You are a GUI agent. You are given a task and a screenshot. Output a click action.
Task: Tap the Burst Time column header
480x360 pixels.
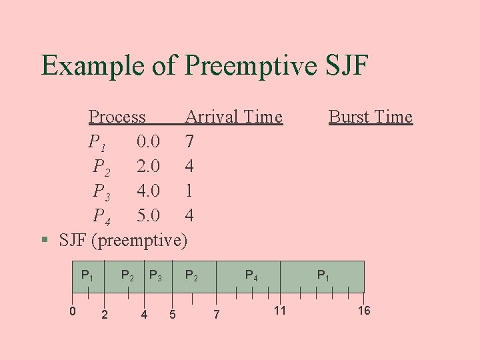pyautogui.click(x=370, y=117)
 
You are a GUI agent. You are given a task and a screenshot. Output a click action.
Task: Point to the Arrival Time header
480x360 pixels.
pyautogui.click(x=233, y=117)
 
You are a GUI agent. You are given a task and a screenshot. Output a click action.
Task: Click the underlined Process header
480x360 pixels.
pyautogui.click(x=117, y=117)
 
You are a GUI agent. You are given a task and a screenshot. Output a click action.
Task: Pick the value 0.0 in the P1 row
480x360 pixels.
pyautogui.click(x=148, y=141)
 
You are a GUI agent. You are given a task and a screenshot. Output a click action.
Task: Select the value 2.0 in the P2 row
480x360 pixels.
pyautogui.click(x=148, y=166)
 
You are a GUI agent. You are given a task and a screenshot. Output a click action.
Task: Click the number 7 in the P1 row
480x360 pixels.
pyautogui.click(x=189, y=141)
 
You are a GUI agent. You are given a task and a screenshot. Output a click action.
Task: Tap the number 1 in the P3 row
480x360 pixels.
pyautogui.click(x=189, y=191)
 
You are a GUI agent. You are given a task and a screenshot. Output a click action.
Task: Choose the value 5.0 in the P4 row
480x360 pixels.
pyautogui.click(x=148, y=215)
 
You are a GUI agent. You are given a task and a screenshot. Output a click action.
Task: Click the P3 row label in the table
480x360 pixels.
pyautogui.click(x=101, y=192)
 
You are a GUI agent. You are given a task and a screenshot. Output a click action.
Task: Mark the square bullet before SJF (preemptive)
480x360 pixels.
pyautogui.click(x=44, y=239)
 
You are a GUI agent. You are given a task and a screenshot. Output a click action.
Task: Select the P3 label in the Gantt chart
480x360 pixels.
pyautogui.click(x=155, y=275)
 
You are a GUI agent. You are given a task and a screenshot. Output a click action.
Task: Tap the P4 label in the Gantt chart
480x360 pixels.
pyautogui.click(x=252, y=275)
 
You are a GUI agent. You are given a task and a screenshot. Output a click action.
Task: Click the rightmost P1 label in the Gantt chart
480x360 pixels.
pyautogui.click(x=323, y=275)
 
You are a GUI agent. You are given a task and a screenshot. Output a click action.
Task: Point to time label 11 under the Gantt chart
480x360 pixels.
pyautogui.click(x=279, y=310)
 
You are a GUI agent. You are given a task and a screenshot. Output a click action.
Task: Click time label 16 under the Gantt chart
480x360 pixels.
pyautogui.click(x=364, y=310)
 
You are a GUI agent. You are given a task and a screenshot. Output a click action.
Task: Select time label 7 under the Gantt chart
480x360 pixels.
pyautogui.click(x=215, y=314)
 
